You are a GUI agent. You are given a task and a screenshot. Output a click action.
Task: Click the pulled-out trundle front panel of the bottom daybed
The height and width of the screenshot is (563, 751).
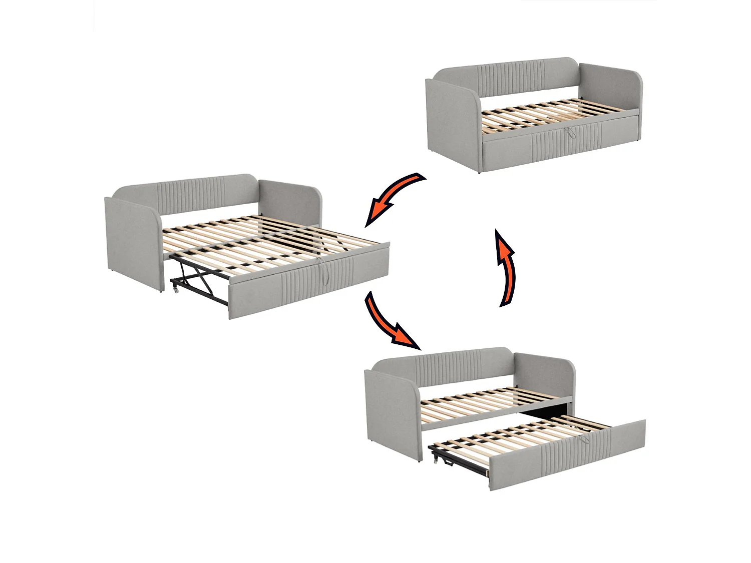(x=566, y=455)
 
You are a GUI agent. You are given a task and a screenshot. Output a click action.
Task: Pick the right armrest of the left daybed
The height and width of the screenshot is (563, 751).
(x=290, y=205)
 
